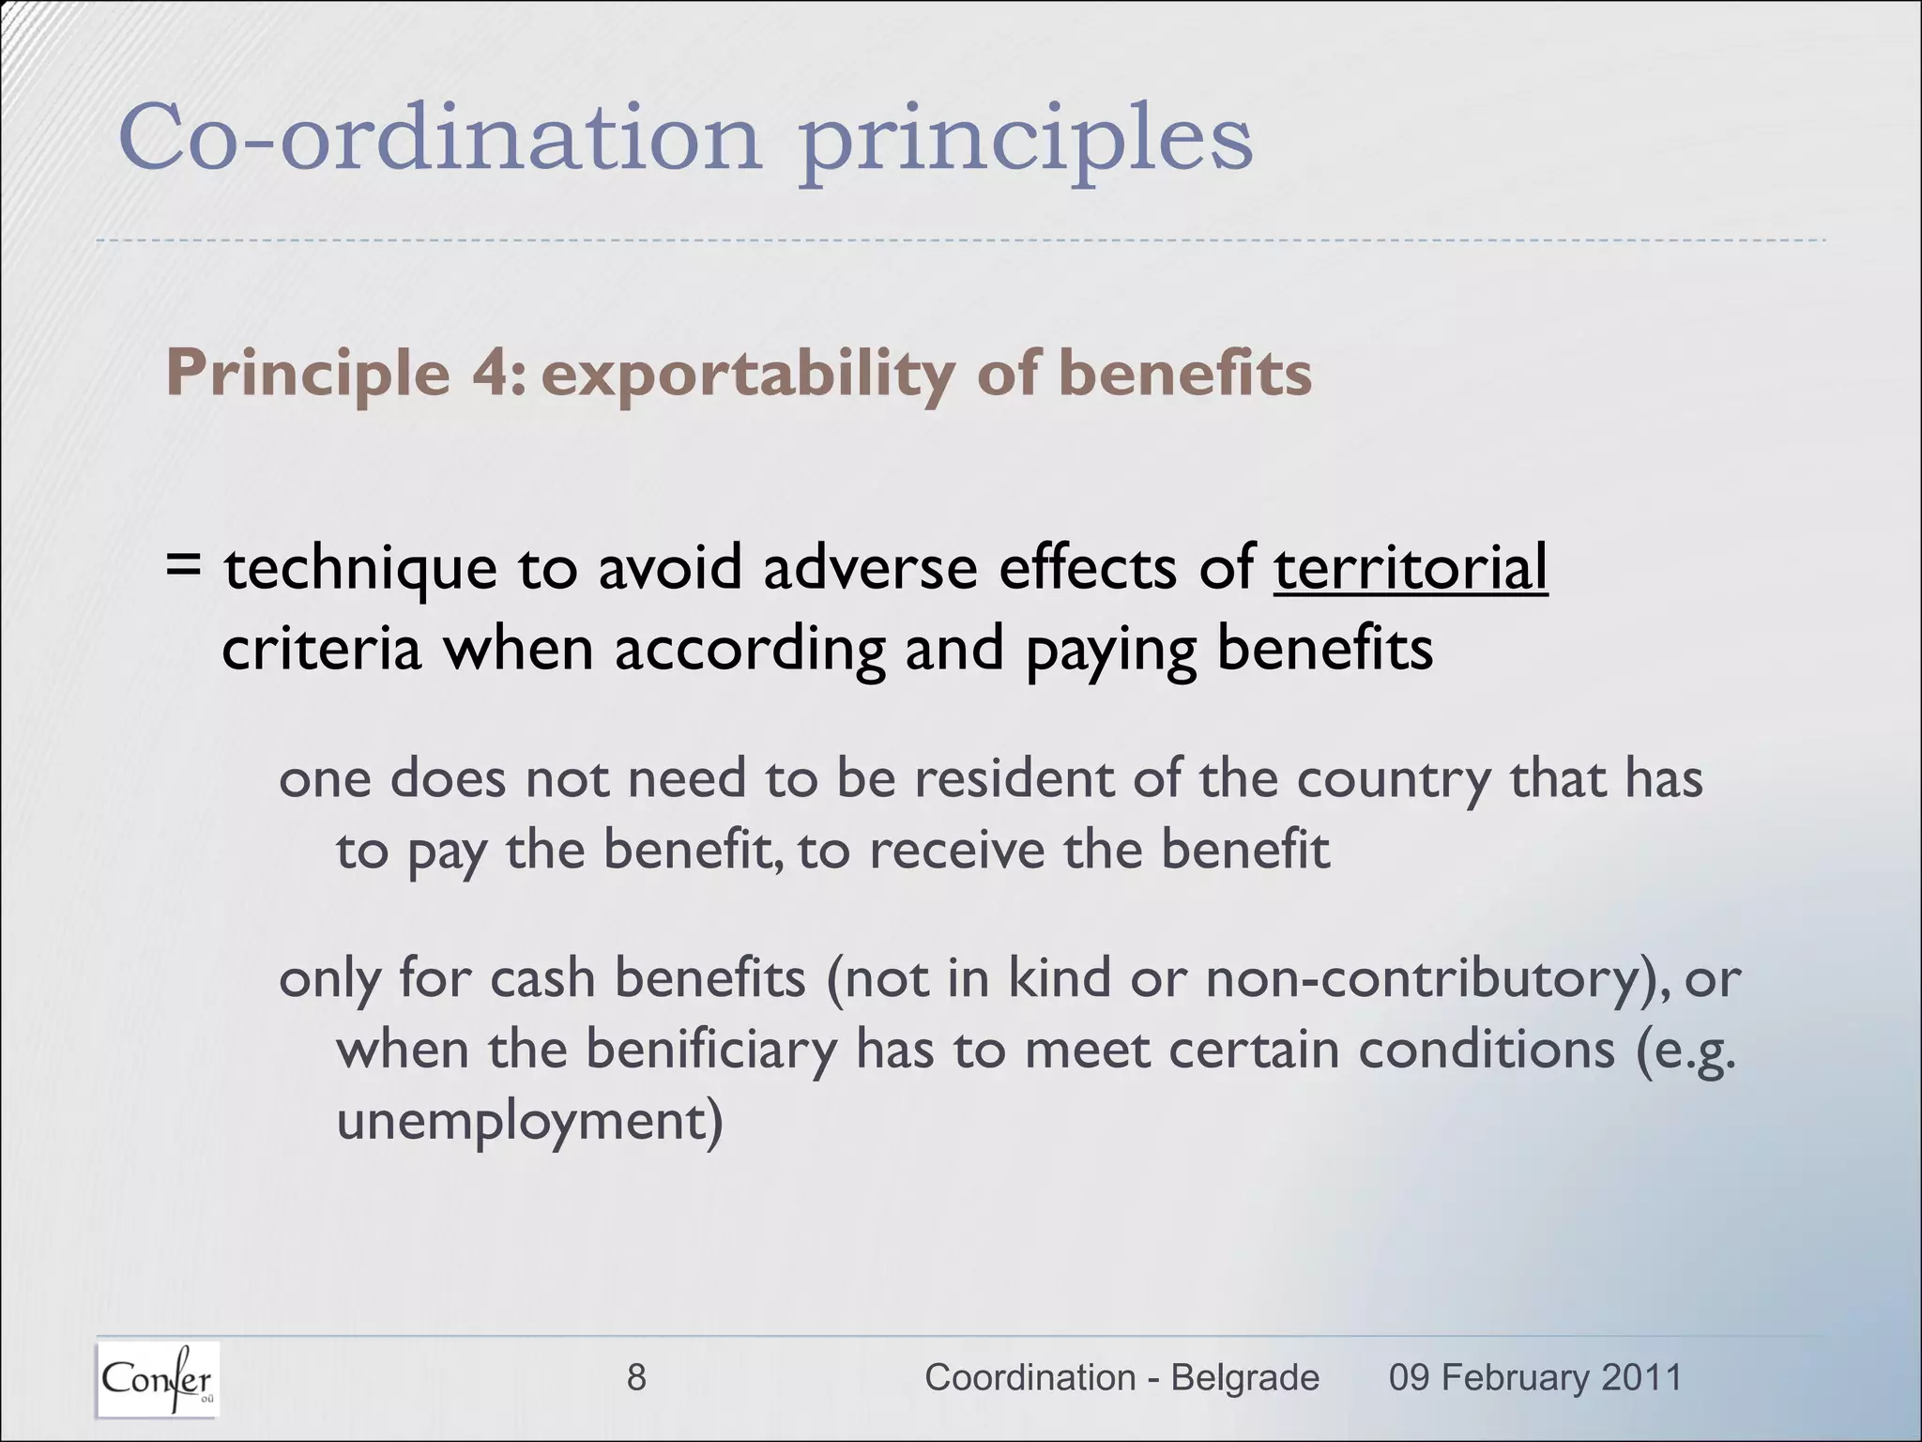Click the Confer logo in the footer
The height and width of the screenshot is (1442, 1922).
pyautogui.click(x=158, y=1379)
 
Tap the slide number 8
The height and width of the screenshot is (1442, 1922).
pyautogui.click(x=636, y=1377)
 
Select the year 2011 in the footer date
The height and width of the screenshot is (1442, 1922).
pyautogui.click(x=1641, y=1377)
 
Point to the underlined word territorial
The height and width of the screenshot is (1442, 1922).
pyautogui.click(x=1410, y=568)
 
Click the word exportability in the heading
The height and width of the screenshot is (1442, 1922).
pyautogui.click(x=747, y=375)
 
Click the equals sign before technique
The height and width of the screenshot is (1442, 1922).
pyautogui.click(x=183, y=566)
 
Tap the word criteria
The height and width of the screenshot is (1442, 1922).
pyautogui.click(x=321, y=649)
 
